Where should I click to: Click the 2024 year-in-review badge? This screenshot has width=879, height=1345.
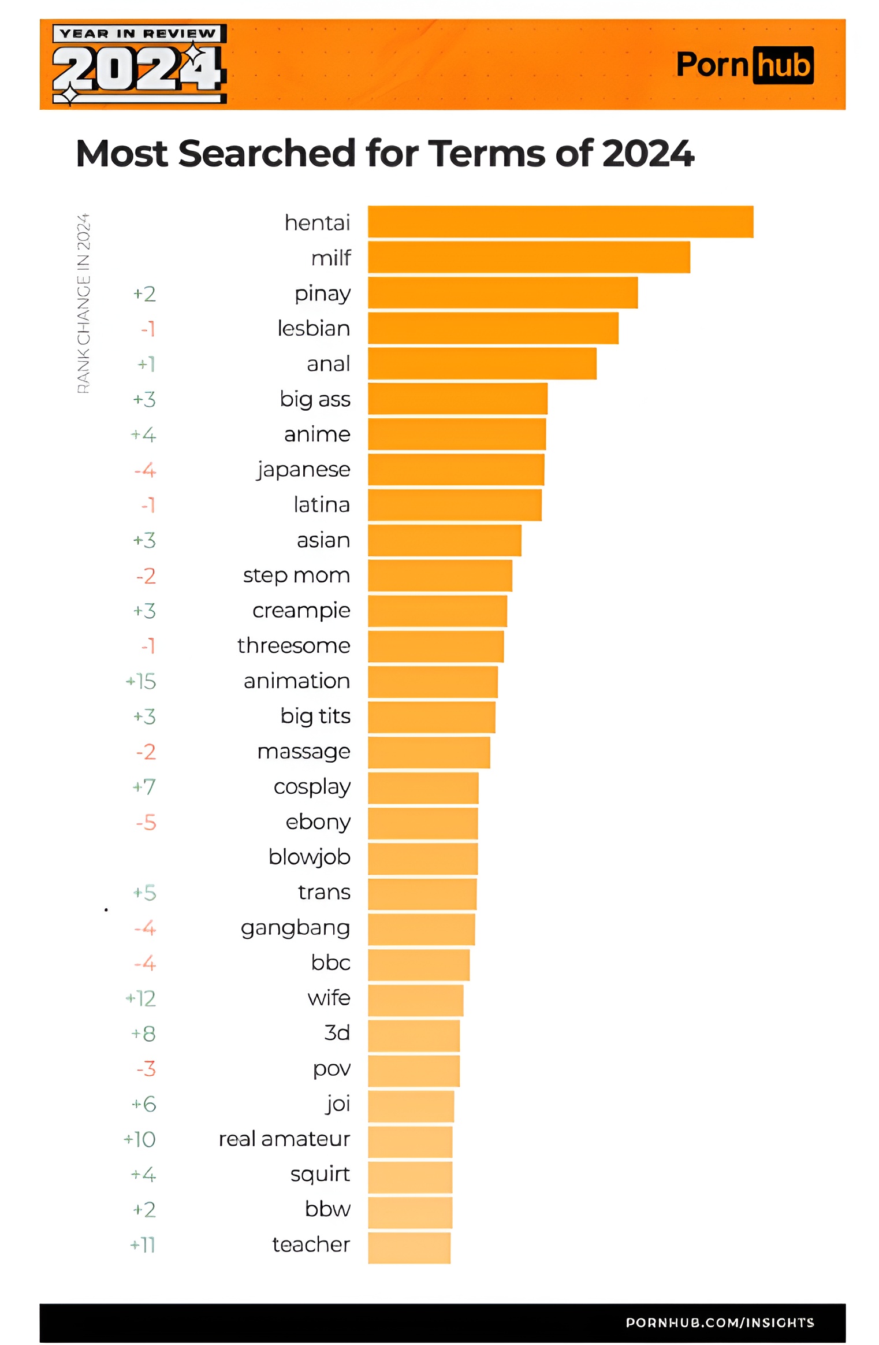pos(139,64)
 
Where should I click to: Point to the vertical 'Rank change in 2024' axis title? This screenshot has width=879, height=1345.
pos(84,303)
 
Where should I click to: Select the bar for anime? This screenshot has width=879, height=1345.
pos(456,434)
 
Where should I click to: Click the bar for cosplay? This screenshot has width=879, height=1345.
pos(423,787)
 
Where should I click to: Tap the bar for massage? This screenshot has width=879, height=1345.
pos(429,752)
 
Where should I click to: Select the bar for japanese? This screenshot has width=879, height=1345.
pos(456,469)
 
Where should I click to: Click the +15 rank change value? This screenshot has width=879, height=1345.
pos(141,681)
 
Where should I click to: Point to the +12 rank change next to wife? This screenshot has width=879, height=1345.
pos(141,998)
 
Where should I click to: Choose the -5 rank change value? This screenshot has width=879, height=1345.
pos(146,822)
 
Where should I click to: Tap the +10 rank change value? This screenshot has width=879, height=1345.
pos(140,1139)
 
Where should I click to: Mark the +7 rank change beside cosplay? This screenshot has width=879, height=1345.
pos(144,787)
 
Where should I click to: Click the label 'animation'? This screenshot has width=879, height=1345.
pos(297,681)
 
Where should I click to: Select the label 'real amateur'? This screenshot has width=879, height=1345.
pos(284,1139)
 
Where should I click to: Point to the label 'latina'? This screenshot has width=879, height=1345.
pos(322,505)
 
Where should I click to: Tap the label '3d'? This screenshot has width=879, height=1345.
pos(337,1033)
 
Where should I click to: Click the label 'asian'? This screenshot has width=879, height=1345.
pos(323,540)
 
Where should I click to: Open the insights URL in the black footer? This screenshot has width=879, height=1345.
pos(720,1322)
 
